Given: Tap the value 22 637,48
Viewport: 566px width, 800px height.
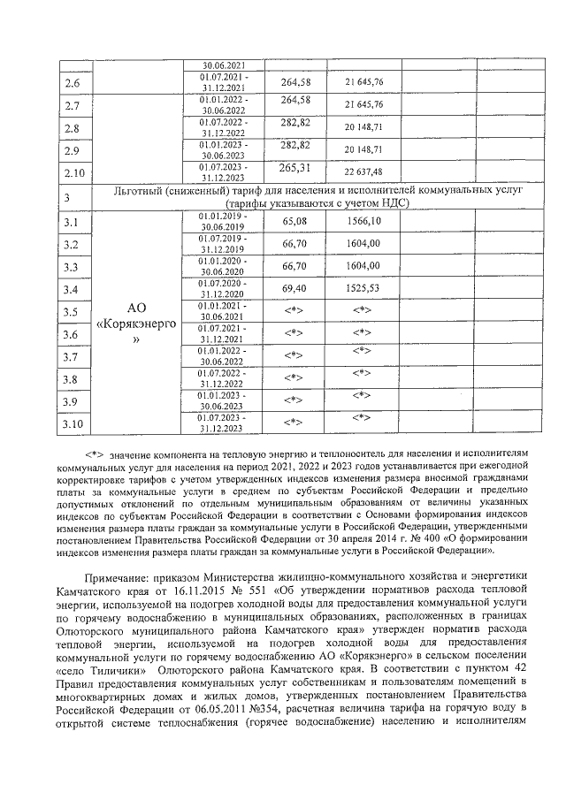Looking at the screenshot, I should pos(363,171).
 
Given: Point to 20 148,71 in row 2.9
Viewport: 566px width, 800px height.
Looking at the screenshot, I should pos(363,149).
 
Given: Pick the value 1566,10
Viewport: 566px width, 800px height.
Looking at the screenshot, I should pos(363,220).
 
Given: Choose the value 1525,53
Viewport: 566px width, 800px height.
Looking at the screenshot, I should pos(363,288).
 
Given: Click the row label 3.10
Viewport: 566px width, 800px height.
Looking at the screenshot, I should pos(75,425).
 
